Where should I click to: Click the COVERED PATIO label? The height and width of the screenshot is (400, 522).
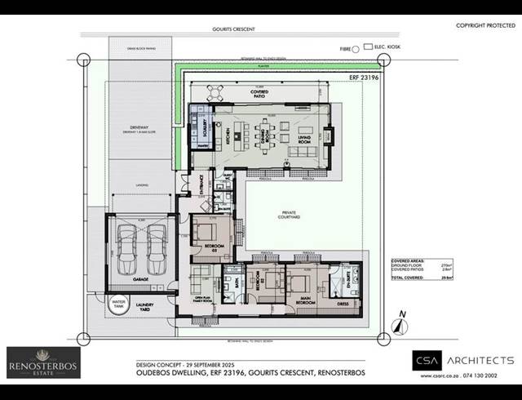click(260, 96)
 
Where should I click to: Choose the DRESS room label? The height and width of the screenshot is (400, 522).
click(343, 303)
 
